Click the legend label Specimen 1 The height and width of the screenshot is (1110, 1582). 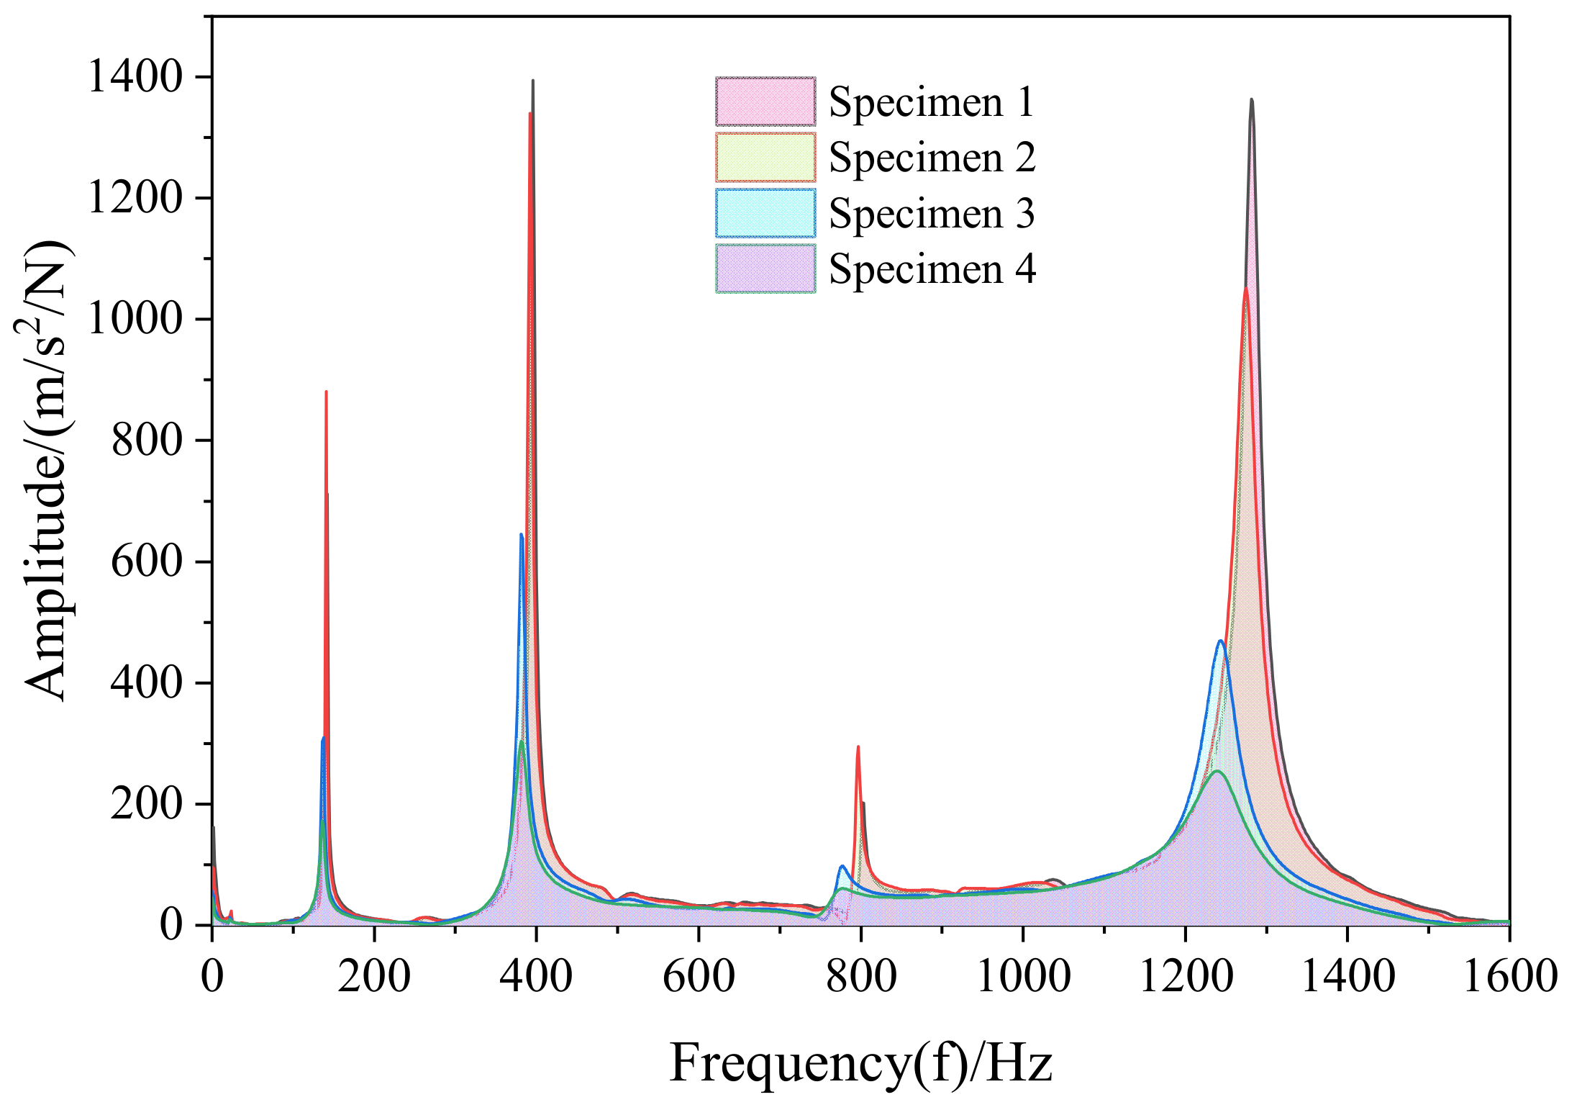tap(931, 102)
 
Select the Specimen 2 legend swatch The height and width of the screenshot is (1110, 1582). tap(765, 157)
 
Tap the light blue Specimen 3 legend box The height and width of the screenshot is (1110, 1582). tap(765, 213)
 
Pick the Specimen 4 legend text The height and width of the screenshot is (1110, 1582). tap(932, 269)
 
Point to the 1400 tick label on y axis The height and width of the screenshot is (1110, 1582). tap(135, 76)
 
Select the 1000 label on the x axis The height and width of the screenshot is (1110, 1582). tap(1023, 978)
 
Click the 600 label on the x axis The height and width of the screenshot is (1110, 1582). tap(699, 978)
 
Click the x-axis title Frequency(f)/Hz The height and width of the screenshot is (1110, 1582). tap(860, 1064)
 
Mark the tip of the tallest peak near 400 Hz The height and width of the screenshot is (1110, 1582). tap(533, 81)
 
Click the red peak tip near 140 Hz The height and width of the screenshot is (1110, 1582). tap(326, 392)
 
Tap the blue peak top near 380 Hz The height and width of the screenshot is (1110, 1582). tap(521, 535)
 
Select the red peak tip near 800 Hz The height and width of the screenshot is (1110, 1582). tap(858, 747)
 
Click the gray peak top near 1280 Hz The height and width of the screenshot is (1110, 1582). tap(1252, 100)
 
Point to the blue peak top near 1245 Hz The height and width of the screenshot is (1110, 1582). tap(1221, 641)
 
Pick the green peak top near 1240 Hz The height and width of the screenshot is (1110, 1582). tap(1217, 772)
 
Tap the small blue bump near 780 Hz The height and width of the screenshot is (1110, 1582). tap(842, 866)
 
